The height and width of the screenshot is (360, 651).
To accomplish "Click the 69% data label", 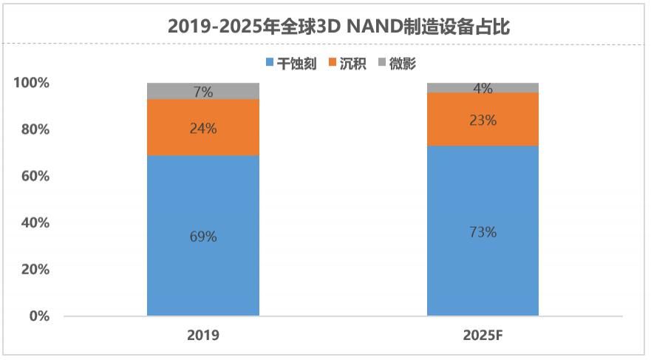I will [203, 237].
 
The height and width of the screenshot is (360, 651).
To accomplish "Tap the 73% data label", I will [483, 231].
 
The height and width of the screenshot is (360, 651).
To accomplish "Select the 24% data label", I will [203, 128].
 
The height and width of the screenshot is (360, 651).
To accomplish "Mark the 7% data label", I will [203, 92].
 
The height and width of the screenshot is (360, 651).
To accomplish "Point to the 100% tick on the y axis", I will [32, 83].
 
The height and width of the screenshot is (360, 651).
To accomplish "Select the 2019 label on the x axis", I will [203, 335].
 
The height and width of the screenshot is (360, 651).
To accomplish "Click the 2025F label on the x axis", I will [483, 335].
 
